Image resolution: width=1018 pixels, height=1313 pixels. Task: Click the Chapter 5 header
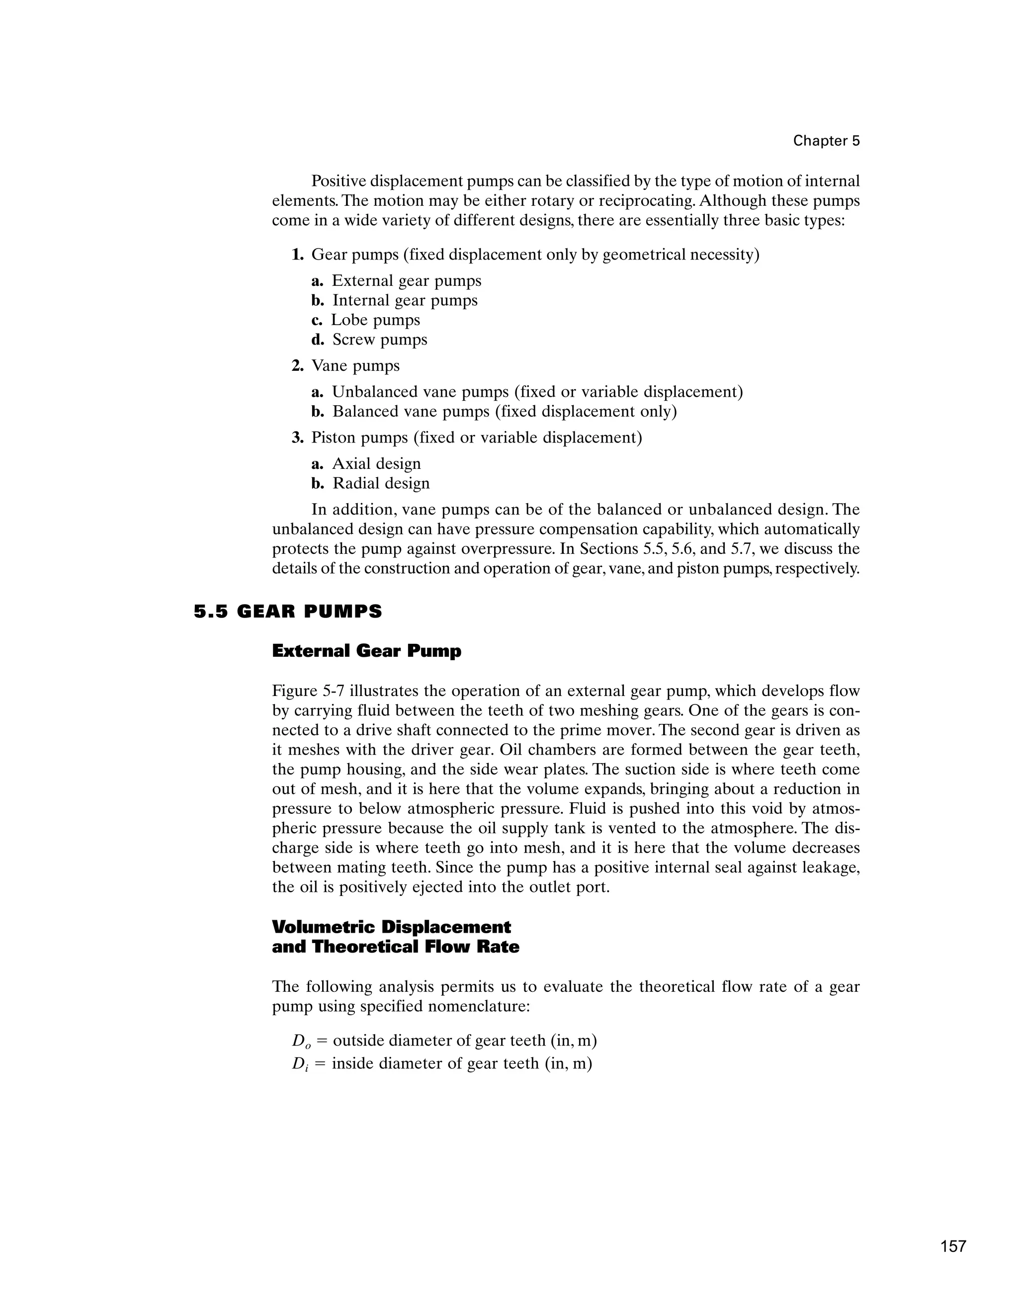826,141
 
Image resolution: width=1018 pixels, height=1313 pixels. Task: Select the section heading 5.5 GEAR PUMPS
288,612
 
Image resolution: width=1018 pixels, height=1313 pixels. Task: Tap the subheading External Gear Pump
366,651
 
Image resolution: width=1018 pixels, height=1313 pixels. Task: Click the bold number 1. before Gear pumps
297,255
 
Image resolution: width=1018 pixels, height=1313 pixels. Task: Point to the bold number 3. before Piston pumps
297,438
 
